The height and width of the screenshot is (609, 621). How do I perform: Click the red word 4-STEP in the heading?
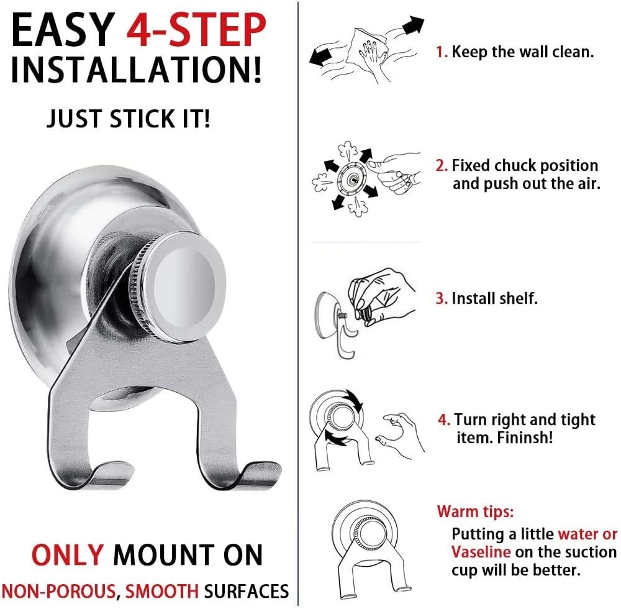click(x=196, y=30)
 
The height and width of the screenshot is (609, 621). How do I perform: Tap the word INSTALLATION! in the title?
click(x=136, y=70)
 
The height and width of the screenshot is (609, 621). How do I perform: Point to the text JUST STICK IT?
click(x=129, y=119)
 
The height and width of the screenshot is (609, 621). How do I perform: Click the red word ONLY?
click(x=68, y=555)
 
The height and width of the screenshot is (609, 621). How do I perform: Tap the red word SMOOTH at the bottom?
click(x=162, y=591)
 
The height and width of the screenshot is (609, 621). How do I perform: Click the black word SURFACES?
click(x=247, y=591)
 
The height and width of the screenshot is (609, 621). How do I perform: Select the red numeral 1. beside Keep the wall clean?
click(x=442, y=52)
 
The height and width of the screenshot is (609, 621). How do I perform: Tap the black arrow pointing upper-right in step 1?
click(x=413, y=25)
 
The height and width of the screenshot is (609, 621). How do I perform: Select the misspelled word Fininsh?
click(x=525, y=438)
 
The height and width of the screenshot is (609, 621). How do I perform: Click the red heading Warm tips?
click(x=475, y=511)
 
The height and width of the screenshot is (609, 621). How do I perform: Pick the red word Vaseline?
click(x=481, y=552)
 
